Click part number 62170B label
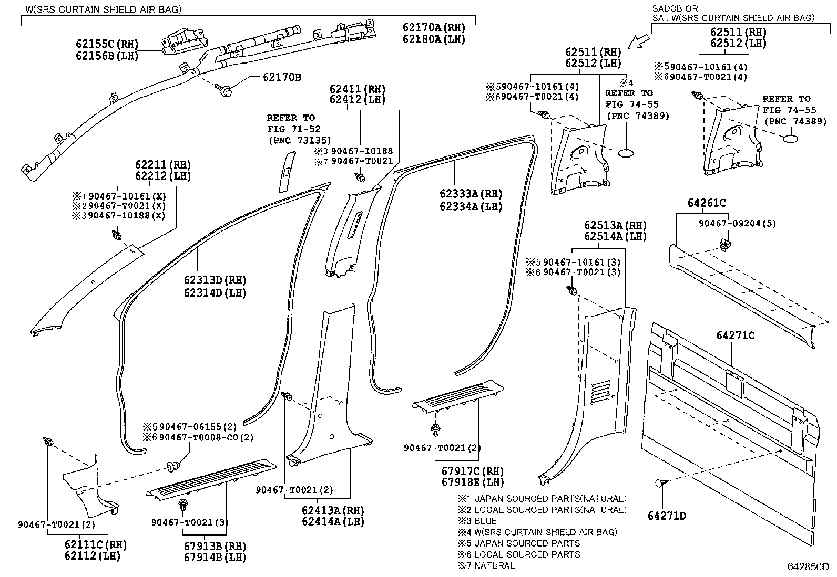click(x=282, y=78)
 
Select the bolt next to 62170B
click(x=225, y=91)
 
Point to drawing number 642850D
click(x=808, y=567)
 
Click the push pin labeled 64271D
click(x=661, y=483)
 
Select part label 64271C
click(x=735, y=335)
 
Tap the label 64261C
click(x=706, y=203)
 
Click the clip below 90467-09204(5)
click(x=724, y=243)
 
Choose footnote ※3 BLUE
click(x=477, y=521)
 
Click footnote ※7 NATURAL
click(x=486, y=565)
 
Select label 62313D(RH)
click(x=215, y=280)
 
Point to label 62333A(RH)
click(x=471, y=194)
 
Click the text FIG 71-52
click(x=293, y=129)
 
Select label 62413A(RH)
click(x=333, y=510)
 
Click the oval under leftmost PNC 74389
click(x=627, y=153)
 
